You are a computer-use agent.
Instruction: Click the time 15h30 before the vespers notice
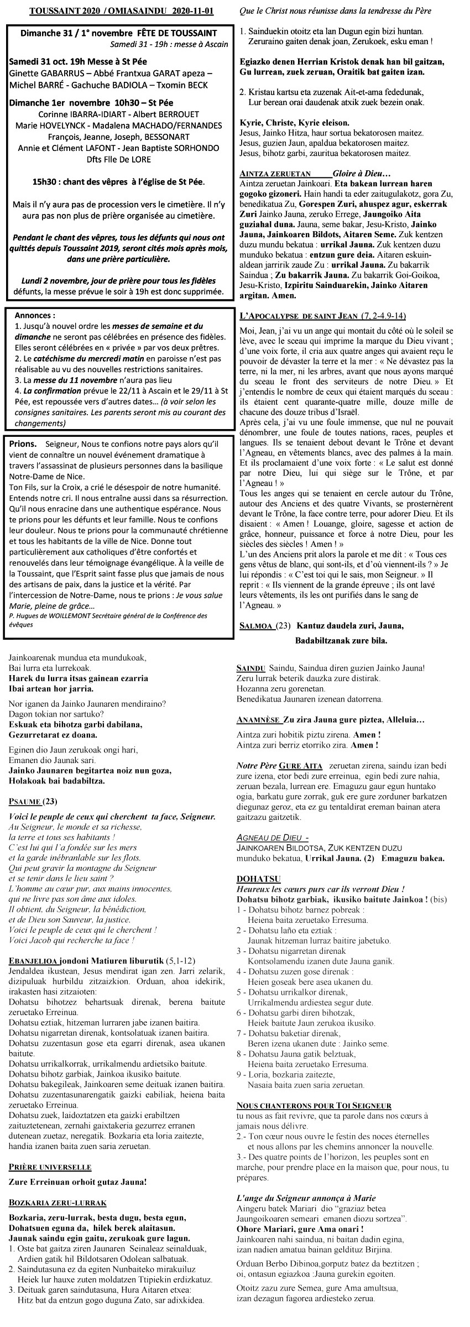pyautogui.click(x=45, y=181)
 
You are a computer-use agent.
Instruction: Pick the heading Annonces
pyautogui.click(x=35, y=315)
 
